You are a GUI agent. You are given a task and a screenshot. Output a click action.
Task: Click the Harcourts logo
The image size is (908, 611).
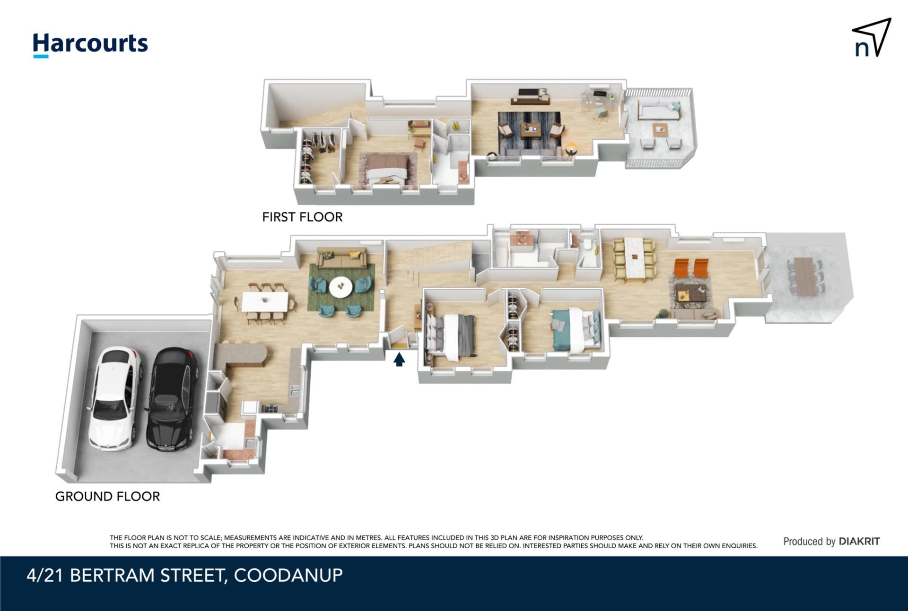90,45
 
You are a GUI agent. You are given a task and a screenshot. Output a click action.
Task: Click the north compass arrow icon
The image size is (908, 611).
873,38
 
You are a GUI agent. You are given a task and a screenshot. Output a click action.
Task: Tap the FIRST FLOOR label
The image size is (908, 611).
302,217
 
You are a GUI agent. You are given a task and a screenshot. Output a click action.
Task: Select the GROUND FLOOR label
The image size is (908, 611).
107,496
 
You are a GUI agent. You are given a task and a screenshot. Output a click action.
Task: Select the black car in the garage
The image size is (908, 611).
172,399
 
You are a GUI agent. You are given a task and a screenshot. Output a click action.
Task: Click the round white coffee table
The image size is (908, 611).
341,287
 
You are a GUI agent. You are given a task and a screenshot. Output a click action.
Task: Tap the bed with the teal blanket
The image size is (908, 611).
575,329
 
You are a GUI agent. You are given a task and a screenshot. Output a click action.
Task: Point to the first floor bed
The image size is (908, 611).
385,169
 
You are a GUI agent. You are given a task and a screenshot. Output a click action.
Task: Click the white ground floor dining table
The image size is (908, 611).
265,301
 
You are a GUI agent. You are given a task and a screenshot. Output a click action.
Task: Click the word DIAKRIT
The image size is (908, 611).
859,542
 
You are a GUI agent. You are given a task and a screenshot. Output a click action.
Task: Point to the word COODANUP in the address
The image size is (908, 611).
288,575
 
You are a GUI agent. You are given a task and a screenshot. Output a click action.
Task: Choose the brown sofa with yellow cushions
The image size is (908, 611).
341,258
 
